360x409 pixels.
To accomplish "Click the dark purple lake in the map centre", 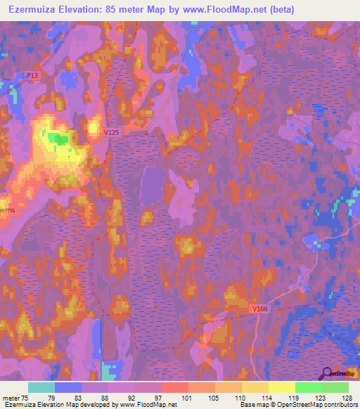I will pos(153,186).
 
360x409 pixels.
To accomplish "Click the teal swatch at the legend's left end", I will pos(41,387).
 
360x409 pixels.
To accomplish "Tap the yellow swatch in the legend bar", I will pos(281,387).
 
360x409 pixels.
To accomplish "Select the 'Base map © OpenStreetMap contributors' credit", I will pos(298,405).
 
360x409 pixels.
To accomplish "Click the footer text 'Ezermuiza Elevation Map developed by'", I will pos(59,405).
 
